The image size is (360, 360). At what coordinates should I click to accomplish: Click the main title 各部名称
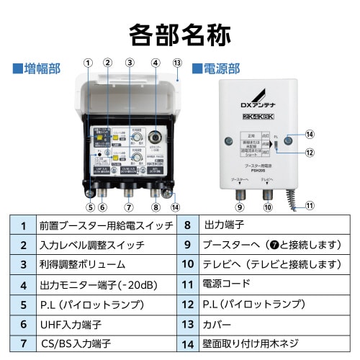[x=179, y=33]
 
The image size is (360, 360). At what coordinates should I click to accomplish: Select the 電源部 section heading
[x=216, y=69]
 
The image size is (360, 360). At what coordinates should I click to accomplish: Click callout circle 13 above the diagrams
[x=177, y=62]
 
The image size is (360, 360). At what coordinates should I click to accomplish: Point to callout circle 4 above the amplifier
[x=155, y=63]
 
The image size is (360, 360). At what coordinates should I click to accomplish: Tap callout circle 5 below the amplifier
[x=91, y=207]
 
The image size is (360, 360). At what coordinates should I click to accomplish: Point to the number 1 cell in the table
[x=23, y=225]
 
